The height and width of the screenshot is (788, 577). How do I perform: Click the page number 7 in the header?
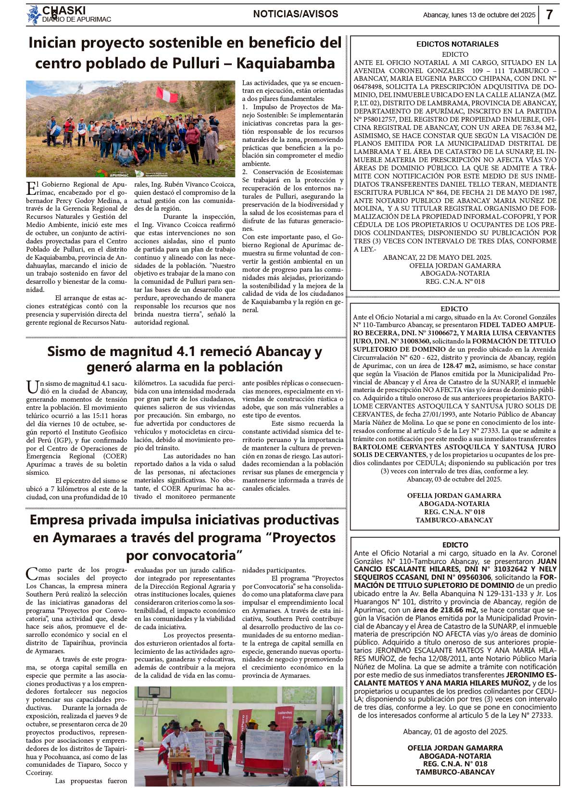[549, 14]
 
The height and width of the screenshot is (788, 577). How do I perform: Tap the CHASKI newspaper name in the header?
[64, 10]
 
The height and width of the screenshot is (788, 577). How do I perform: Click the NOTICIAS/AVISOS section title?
[295, 14]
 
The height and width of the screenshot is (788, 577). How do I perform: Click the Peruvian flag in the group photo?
[167, 94]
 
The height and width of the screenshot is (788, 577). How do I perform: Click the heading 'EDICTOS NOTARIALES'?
[457, 44]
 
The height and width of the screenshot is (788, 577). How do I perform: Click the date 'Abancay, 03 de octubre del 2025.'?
[454, 479]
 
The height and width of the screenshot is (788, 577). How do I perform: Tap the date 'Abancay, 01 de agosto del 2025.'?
[455, 732]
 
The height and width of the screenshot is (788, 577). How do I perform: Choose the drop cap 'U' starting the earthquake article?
[32, 387]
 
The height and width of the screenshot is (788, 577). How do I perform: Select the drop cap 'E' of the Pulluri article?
[31, 188]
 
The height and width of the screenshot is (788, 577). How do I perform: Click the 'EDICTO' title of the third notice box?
[455, 545]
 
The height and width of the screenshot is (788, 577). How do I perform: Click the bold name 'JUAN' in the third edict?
[547, 561]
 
